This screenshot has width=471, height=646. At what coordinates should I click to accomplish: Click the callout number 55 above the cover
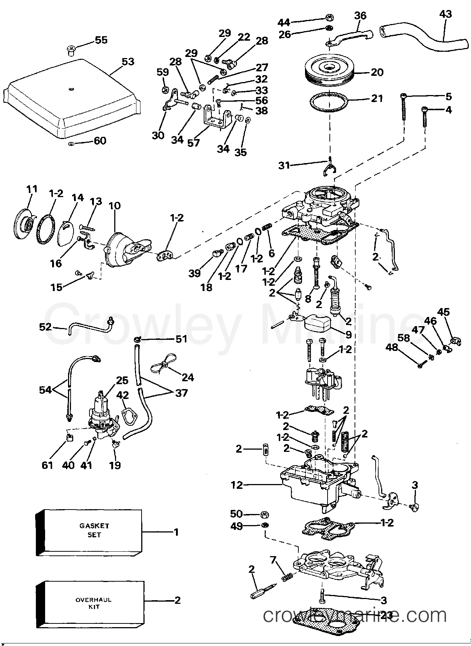pos(101,40)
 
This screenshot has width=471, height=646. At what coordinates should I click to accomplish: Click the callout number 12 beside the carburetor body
pos(237,484)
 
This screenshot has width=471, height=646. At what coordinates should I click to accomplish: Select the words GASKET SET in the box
pos(94,530)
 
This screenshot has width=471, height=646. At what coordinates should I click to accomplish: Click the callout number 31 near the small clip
pos(284,165)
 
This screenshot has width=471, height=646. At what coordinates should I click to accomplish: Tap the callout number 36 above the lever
pos(360,15)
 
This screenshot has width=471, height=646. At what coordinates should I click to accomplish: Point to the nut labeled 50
pos(264,514)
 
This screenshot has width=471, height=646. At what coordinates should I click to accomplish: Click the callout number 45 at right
pos(443,312)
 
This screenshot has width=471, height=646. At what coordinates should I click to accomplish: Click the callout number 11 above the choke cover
pos(32,189)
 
